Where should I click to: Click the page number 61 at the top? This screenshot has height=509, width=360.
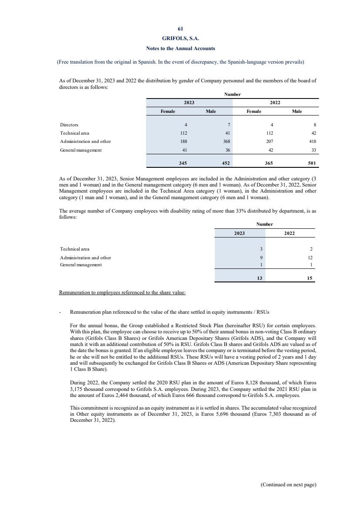(x=180, y=30)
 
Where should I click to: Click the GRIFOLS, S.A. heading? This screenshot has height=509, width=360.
(x=180, y=39)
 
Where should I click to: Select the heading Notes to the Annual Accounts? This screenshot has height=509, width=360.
(x=180, y=48)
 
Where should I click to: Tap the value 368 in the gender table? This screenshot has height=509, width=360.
(x=227, y=141)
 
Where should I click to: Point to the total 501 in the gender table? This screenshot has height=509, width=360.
(x=312, y=164)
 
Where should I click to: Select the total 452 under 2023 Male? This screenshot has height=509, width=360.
(x=226, y=164)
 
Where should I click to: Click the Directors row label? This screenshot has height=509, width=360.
(x=69, y=125)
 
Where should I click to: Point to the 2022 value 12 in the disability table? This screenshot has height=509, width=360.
(x=310, y=257)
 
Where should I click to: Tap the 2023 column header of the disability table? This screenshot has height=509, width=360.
(x=239, y=233)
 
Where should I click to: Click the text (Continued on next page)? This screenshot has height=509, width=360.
(x=288, y=484)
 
